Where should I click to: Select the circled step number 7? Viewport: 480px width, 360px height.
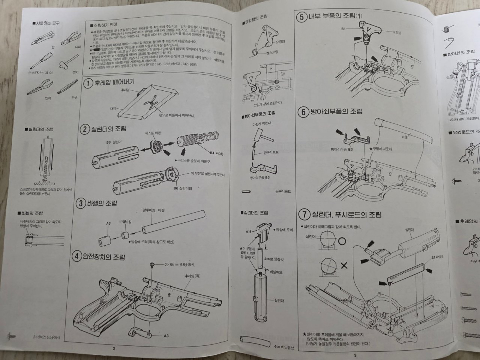(x=303, y=214)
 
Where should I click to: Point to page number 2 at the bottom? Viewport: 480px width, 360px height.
(x=114, y=348)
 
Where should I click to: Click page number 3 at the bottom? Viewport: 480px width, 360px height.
(x=355, y=354)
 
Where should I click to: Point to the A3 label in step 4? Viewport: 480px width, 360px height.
(x=166, y=336)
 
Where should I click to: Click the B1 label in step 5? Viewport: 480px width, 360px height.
(x=343, y=28)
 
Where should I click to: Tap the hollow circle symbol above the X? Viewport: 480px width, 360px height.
(x=342, y=242)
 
